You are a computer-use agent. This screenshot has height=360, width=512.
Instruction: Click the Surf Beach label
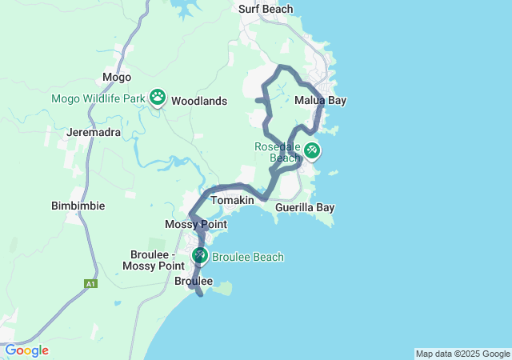pos(266,10)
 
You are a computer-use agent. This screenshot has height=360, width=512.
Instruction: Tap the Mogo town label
pos(111,78)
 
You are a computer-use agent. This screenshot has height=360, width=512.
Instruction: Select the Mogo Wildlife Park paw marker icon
pos(158,98)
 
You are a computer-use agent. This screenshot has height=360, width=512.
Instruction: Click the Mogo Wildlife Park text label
pos(98,99)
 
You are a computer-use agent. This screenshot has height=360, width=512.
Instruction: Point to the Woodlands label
pos(199,102)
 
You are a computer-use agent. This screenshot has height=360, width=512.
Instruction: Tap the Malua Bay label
pos(320,101)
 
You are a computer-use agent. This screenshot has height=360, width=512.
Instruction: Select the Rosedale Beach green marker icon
pos(311,149)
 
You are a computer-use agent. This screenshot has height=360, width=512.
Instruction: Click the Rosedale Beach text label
pos(277,152)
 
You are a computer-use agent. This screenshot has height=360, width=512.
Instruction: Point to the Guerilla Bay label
pos(304,207)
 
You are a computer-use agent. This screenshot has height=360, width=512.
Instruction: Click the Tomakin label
pos(232,199)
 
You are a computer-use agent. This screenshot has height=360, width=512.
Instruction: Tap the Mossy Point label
pos(195,225)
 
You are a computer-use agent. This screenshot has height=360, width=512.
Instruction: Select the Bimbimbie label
pos(78,206)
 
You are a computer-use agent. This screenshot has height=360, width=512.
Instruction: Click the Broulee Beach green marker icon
pos(199,255)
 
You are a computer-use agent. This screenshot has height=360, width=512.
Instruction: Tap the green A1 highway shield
pos(90,282)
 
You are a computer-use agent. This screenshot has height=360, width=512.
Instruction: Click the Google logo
pos(26,350)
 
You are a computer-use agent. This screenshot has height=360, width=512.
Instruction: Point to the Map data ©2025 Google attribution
pos(462,354)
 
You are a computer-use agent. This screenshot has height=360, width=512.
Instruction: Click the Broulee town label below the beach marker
pos(194,281)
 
